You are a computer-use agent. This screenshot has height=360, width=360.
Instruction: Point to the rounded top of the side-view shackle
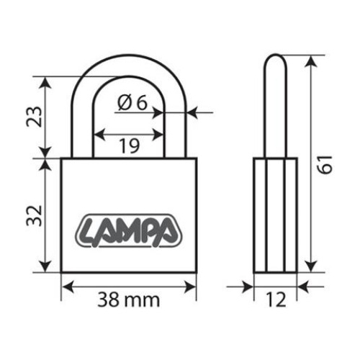276,58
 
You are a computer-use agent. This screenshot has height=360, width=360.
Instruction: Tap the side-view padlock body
276,216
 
